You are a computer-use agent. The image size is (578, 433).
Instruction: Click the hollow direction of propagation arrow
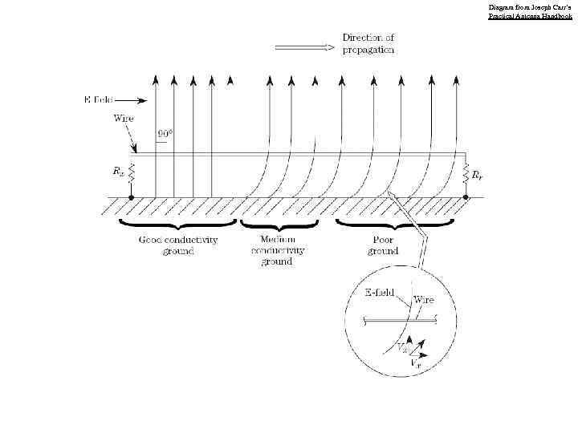[304, 47]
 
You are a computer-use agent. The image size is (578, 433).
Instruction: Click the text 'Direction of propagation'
[368, 43]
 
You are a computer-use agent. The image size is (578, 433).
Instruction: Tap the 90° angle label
[166, 133]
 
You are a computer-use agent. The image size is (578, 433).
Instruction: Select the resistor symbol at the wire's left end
[131, 172]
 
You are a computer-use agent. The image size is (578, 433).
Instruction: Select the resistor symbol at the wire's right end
[466, 172]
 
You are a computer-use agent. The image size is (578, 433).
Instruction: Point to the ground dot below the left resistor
[131, 196]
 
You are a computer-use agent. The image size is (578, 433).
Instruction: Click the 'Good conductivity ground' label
[178, 245]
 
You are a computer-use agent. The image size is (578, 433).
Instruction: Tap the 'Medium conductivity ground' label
[278, 250]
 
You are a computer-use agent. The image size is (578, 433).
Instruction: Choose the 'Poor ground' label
[383, 245]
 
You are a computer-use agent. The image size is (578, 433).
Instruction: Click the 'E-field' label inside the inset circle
[379, 292]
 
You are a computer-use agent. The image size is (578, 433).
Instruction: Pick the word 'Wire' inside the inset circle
[423, 300]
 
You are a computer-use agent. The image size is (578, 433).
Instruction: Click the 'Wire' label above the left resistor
[123, 118]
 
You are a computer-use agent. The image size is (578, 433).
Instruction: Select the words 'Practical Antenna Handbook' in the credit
[530, 16]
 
